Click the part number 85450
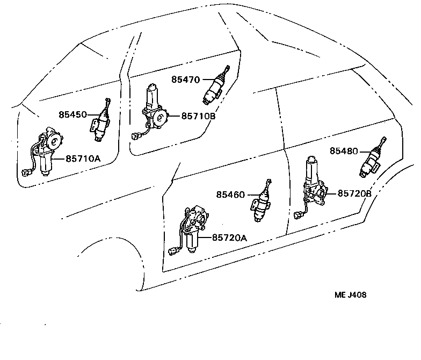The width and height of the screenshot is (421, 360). [72, 115]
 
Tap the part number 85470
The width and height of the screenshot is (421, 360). [186, 80]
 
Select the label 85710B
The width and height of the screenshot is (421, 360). [199, 116]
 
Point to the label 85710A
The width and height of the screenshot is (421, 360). [83, 159]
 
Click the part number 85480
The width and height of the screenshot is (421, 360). [344, 151]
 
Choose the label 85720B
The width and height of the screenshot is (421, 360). [354, 193]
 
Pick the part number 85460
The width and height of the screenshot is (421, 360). [231, 195]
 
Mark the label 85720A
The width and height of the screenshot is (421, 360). [229, 237]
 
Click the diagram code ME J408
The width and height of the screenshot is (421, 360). [350, 294]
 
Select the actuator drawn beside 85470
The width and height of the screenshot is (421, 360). [216, 86]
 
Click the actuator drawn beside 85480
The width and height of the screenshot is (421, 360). [373, 159]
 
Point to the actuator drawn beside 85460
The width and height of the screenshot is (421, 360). [261, 201]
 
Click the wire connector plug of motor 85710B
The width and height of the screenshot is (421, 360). [135, 136]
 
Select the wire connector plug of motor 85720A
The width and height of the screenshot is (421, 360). [173, 251]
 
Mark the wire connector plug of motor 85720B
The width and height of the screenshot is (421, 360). [299, 215]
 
